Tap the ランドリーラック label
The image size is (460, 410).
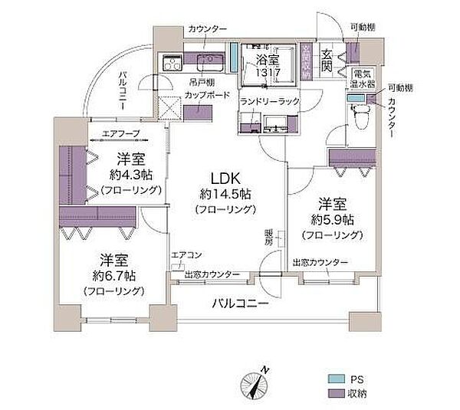(268, 101)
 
